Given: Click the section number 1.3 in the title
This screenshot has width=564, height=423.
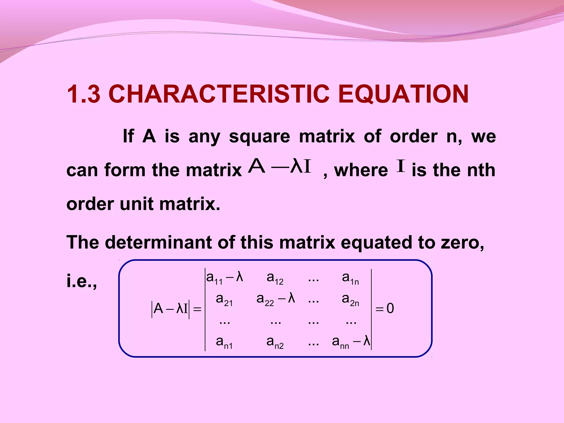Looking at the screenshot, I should click(83, 94).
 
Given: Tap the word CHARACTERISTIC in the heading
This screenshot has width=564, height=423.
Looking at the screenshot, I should click(219, 94).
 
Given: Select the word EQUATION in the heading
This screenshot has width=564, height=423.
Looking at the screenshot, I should click(403, 94).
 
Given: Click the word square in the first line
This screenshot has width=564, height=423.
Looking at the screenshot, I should click(259, 137).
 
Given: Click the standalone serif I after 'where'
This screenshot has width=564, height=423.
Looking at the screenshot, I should click(401, 166).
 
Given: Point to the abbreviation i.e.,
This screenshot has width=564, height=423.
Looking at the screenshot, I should click(82, 281).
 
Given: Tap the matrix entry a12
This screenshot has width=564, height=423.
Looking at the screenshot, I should click(275, 278).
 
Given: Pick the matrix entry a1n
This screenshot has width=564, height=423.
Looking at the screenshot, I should click(350, 278).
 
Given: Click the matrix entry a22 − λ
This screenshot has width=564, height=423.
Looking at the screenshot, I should click(276, 299).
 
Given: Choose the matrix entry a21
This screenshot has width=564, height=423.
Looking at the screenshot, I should click(224, 300).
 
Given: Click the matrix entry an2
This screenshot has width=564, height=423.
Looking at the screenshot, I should click(275, 343).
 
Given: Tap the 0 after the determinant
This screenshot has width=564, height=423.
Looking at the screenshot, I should click(390, 309).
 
